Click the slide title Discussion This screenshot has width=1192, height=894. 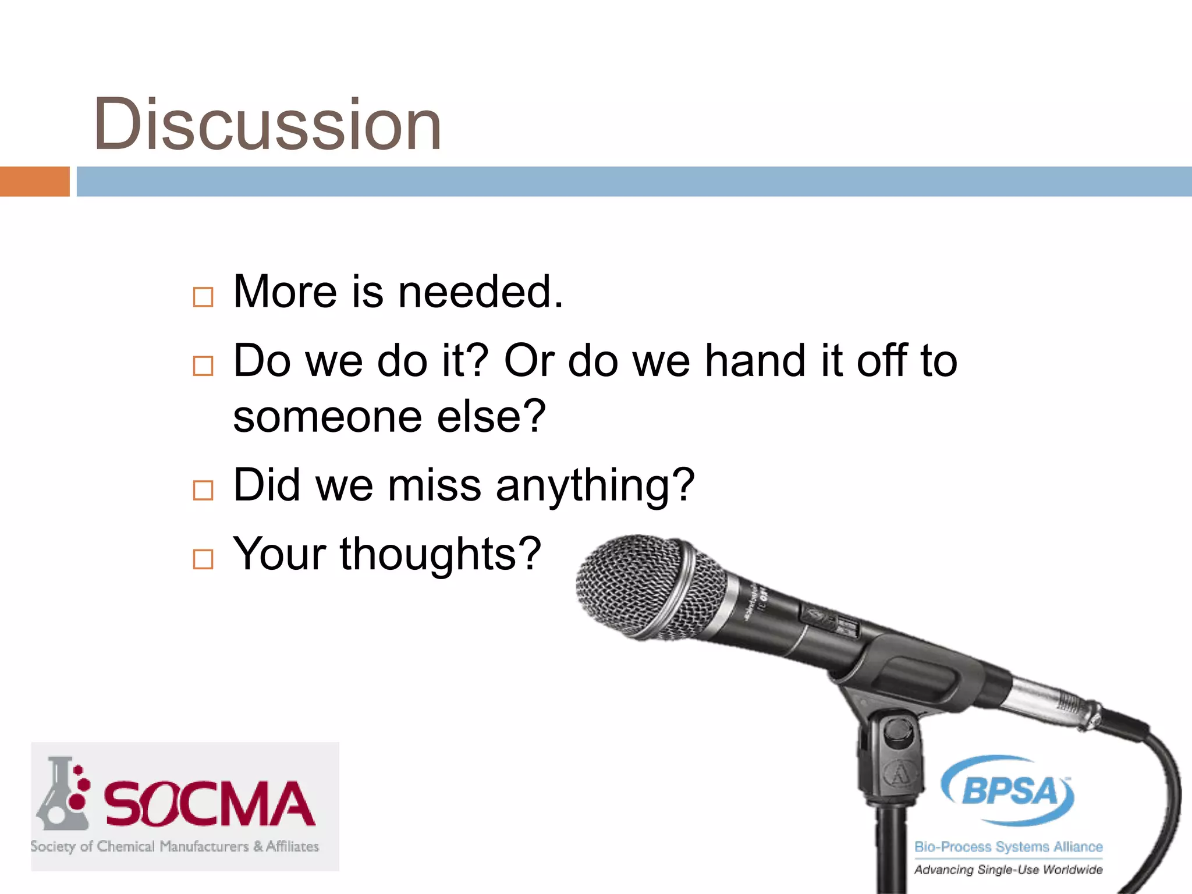[268, 125]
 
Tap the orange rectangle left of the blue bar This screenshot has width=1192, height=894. [34, 182]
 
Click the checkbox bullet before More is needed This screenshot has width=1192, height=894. [203, 297]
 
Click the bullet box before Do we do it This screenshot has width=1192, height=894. [203, 366]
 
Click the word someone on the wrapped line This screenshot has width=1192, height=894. [327, 417]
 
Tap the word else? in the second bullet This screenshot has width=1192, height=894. [491, 417]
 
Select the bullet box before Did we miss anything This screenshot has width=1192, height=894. [203, 491]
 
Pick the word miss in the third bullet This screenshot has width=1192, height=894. [434, 485]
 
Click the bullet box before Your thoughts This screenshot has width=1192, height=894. [203, 559]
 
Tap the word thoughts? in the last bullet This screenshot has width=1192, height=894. [441, 554]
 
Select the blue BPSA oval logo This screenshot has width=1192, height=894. [1009, 790]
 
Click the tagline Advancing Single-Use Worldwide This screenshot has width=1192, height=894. [1008, 870]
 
